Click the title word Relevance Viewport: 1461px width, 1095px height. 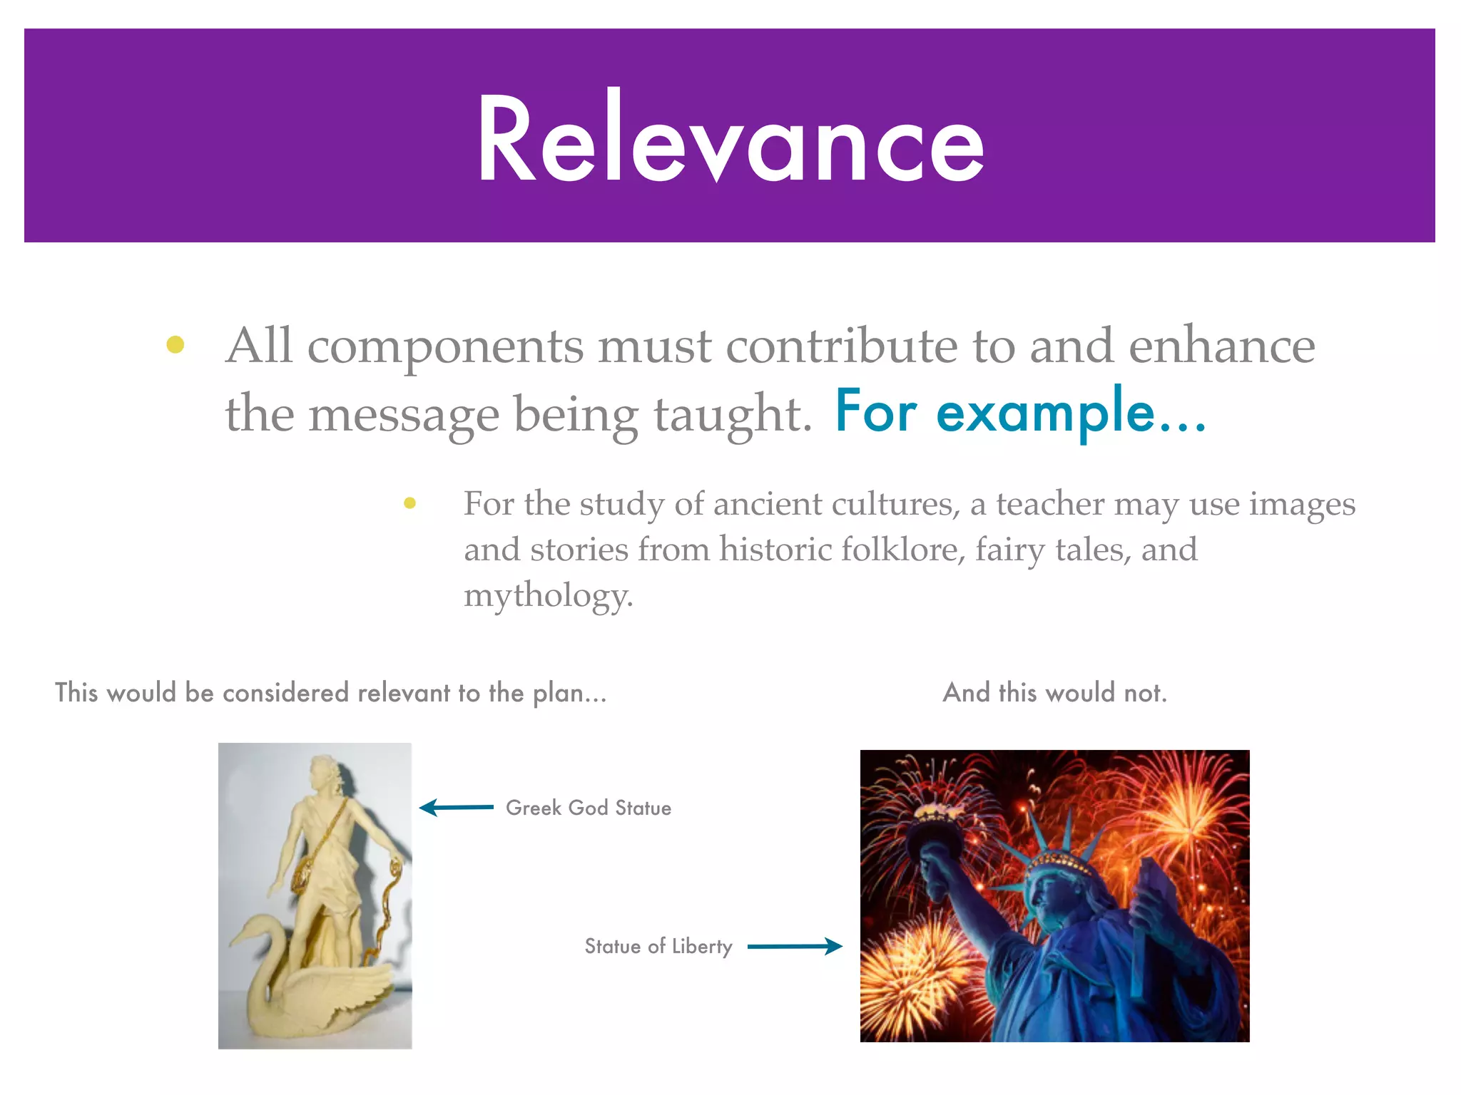730,139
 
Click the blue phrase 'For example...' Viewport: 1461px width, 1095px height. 1020,413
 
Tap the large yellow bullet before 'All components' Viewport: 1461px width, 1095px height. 175,345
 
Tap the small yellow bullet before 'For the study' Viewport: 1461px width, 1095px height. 409,503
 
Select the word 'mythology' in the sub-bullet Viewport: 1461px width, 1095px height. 548,595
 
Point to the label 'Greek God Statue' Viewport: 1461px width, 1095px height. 589,808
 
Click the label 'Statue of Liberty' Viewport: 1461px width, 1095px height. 658,946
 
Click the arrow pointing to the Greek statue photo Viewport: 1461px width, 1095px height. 457,807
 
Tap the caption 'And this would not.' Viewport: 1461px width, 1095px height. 1054,692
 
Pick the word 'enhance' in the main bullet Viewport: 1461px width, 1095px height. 1221,346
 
